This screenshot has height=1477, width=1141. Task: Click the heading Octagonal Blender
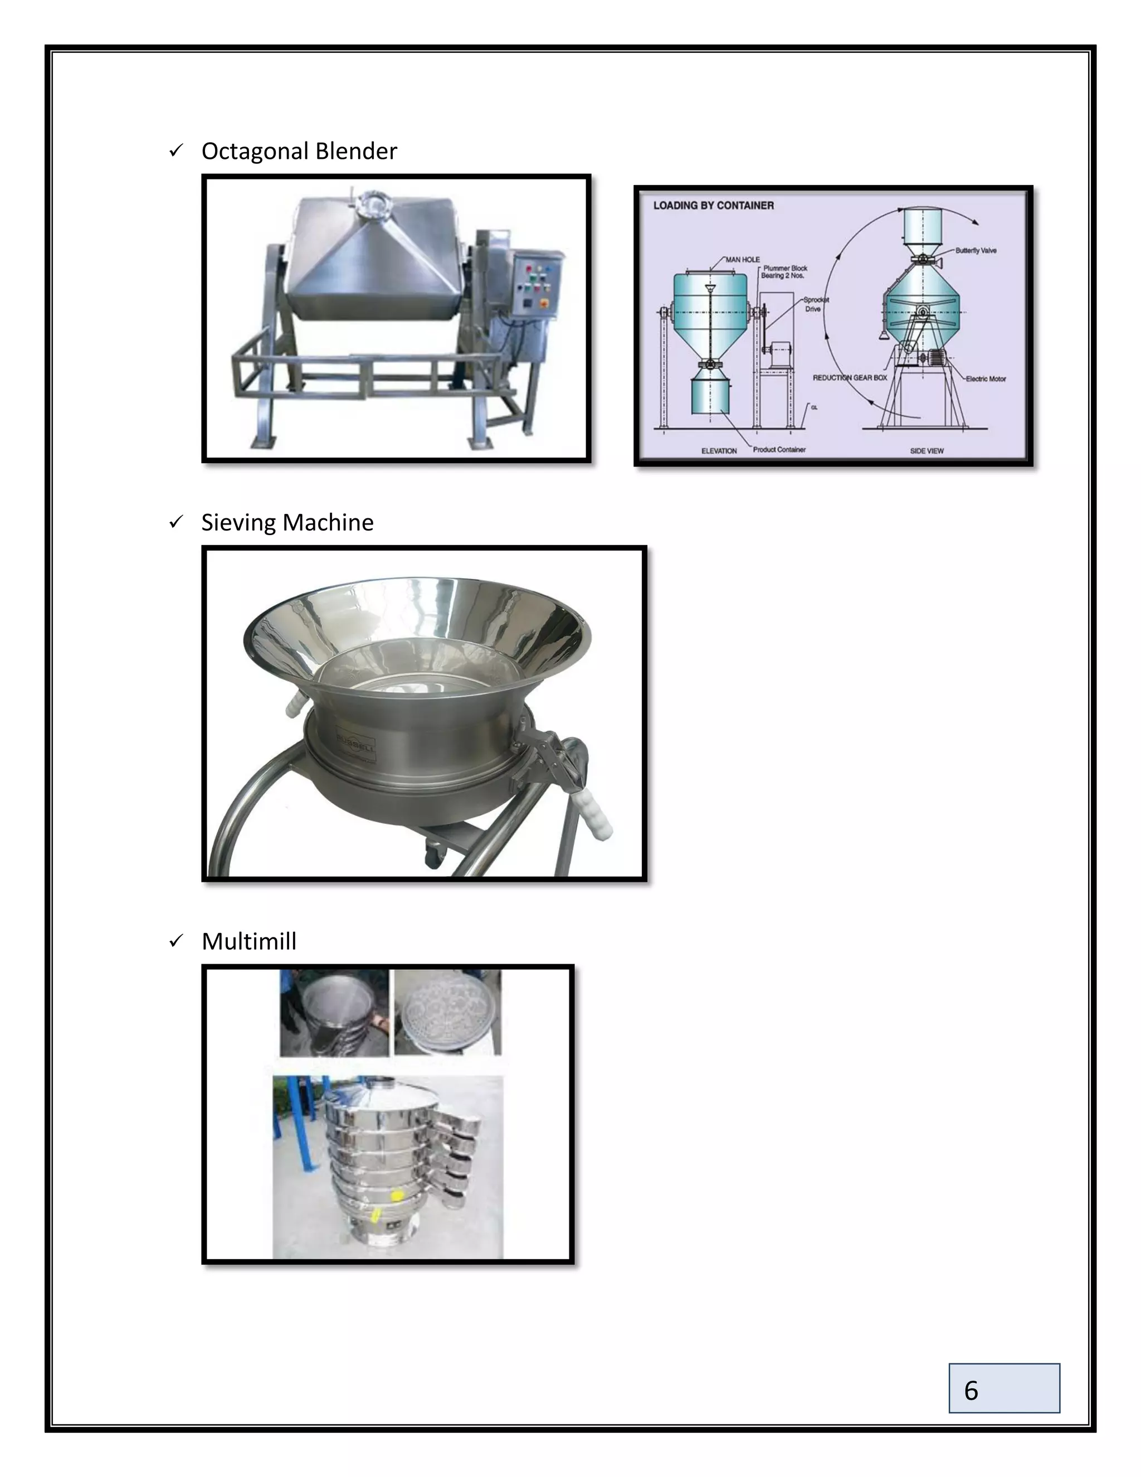(299, 151)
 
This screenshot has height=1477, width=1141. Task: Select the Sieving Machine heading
(287, 523)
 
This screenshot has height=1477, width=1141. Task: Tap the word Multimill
(248, 941)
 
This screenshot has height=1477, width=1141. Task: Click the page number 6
(971, 1391)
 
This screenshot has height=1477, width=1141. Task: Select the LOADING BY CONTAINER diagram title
(713, 206)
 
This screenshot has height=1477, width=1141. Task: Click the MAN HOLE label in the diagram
(742, 260)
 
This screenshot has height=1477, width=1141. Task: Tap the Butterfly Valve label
(976, 251)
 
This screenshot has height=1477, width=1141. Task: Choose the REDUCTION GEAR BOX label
(850, 377)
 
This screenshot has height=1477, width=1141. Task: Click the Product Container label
(779, 450)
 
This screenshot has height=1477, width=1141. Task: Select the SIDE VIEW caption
(927, 450)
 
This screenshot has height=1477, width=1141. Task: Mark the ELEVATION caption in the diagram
(719, 450)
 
